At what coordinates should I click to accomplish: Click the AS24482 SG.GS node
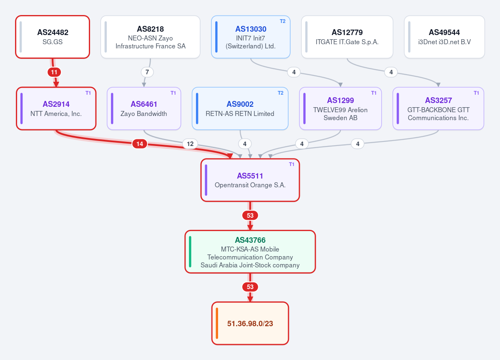point(53,37)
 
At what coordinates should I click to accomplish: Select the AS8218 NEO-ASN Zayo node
point(150,37)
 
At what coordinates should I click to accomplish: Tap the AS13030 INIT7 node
point(251,37)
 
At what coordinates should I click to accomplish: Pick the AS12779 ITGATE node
point(347,37)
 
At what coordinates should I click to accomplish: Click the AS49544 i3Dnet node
point(444,37)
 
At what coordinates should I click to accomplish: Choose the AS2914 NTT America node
point(56,108)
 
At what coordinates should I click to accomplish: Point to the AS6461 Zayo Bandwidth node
point(144,108)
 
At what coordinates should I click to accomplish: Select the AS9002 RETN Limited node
point(240,108)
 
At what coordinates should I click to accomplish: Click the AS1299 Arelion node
point(340,108)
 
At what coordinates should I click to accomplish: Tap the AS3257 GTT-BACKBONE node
point(438,108)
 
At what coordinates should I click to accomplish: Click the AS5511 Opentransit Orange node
point(250,180)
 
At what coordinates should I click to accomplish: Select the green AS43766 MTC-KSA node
point(250,252)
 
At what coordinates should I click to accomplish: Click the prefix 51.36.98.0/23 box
point(250,323)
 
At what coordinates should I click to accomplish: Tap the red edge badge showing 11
point(54,72)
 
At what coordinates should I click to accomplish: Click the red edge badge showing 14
point(140,144)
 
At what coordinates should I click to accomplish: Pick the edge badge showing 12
point(190,144)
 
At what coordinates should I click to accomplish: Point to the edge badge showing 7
point(147,72)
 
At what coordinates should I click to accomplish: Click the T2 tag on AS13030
point(282,21)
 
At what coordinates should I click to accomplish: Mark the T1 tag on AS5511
point(291,164)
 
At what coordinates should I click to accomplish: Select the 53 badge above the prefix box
point(250,287)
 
